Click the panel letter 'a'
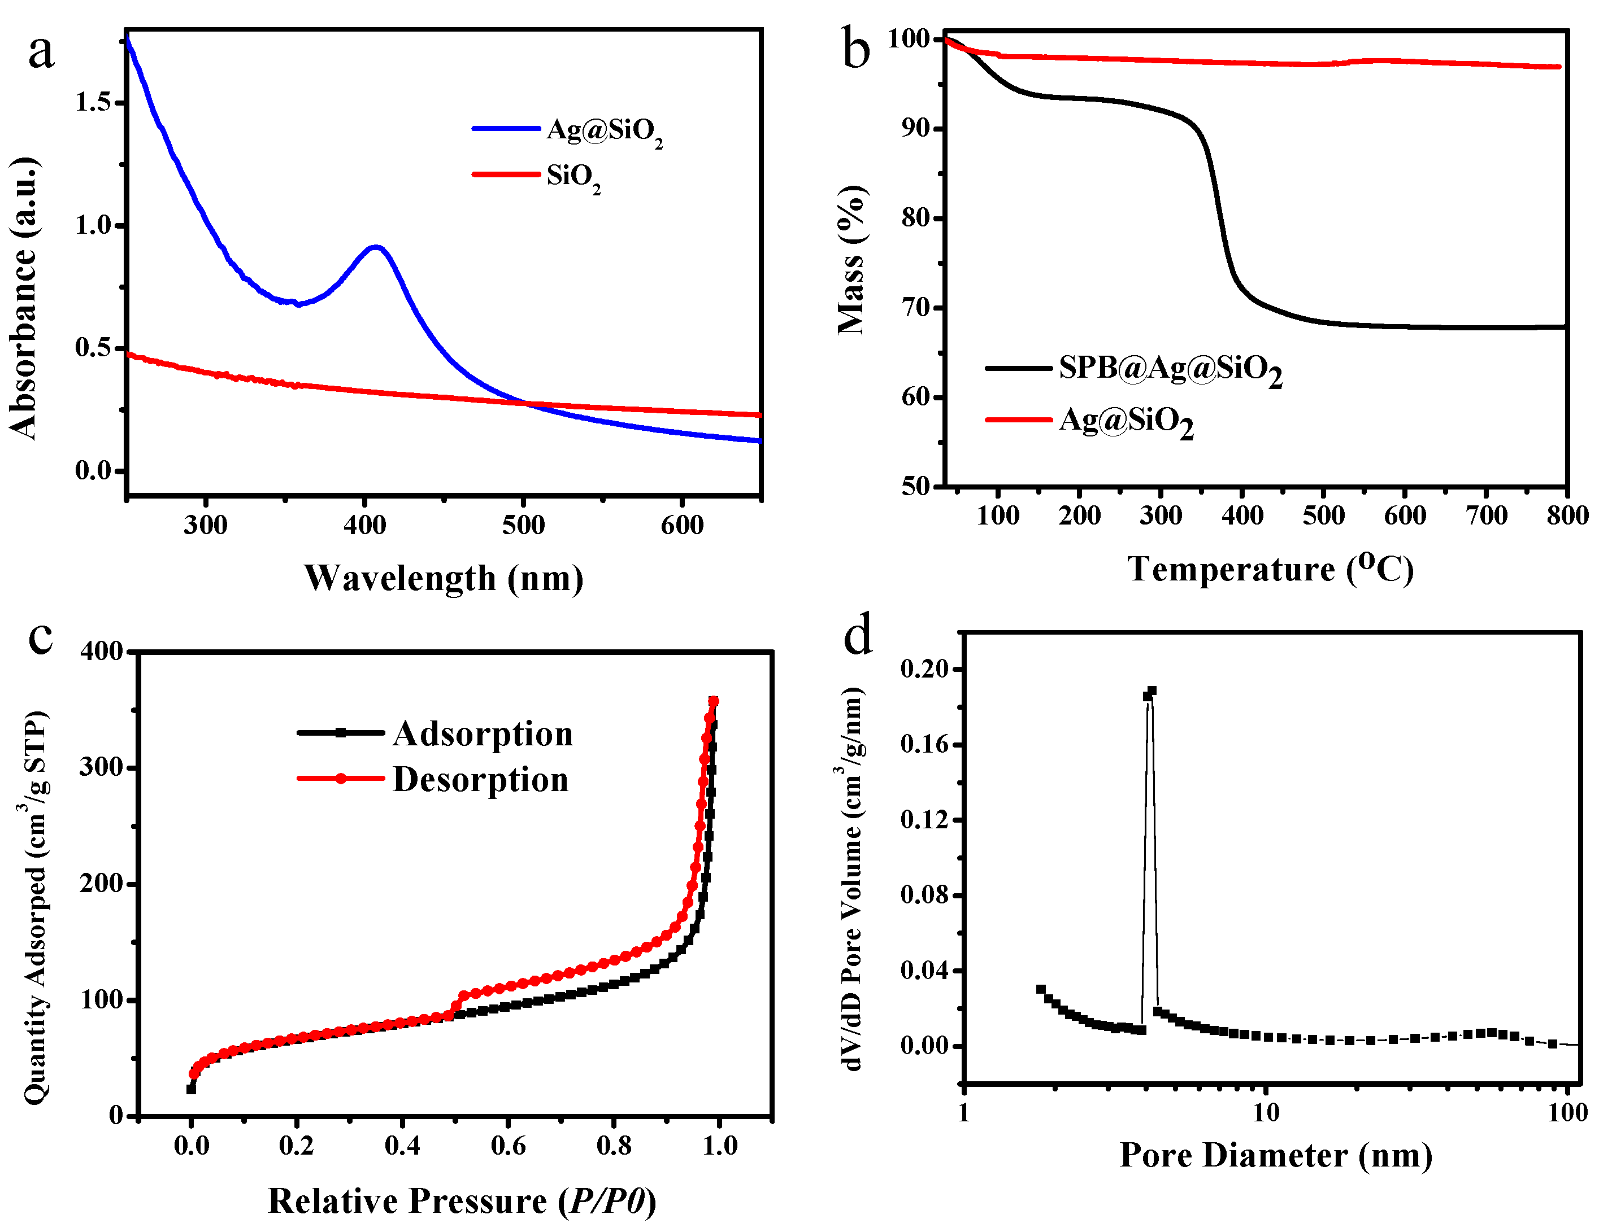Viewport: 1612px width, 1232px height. [x=41, y=53]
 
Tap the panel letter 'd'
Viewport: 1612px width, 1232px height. [x=857, y=636]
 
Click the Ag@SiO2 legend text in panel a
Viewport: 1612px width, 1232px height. [x=604, y=130]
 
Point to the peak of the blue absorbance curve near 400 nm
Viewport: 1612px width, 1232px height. [x=376, y=247]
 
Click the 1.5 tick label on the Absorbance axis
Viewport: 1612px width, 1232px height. [x=93, y=102]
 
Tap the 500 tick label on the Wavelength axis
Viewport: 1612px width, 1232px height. [x=523, y=525]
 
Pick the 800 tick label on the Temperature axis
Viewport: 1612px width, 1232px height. [x=1567, y=515]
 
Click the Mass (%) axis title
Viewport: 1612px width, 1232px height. [x=851, y=260]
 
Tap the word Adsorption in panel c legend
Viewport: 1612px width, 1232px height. [x=482, y=734]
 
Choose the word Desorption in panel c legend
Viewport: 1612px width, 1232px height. [x=481, y=780]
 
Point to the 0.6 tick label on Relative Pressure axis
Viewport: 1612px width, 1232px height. [x=508, y=1146]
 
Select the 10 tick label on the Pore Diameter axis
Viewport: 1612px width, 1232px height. [x=1266, y=1113]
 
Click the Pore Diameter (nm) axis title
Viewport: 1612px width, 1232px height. [x=1275, y=1156]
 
